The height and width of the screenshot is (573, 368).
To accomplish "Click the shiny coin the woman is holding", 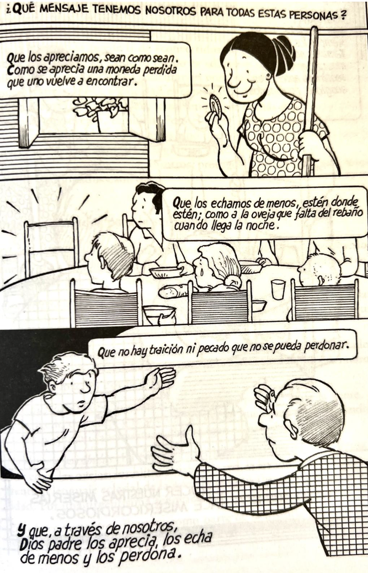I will (x=215, y=105).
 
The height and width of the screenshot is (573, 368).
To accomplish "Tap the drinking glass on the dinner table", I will (x=278, y=289).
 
